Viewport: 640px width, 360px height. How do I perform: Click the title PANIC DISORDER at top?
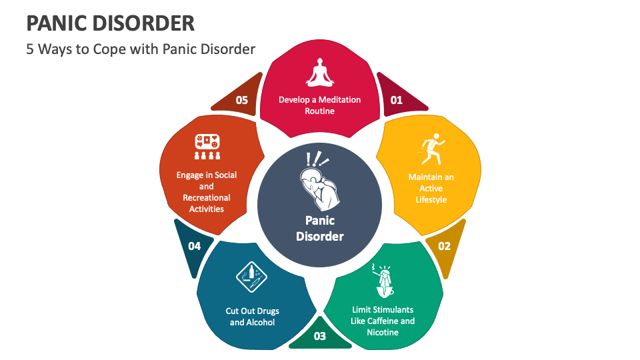[x=111, y=23]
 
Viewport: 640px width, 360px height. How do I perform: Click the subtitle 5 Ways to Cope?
[x=141, y=49]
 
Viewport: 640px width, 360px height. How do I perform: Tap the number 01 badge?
[x=397, y=100]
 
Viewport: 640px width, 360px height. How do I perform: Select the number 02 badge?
[x=444, y=246]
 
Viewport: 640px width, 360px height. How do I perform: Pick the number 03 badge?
[x=320, y=335]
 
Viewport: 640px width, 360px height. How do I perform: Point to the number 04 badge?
[x=194, y=246]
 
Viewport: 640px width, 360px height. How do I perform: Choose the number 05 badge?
[x=241, y=100]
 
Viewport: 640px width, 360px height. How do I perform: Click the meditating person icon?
[x=319, y=73]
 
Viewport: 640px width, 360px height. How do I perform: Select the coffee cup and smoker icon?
[x=383, y=281]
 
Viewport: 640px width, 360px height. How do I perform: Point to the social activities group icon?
[x=207, y=147]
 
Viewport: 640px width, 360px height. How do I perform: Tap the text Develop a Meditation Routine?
[x=319, y=105]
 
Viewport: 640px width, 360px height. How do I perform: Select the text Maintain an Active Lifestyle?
[x=431, y=188]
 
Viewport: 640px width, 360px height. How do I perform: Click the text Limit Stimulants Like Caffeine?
[x=383, y=321]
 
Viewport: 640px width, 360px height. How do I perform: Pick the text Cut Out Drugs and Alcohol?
[x=253, y=317]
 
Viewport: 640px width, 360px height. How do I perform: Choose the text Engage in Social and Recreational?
[x=207, y=192]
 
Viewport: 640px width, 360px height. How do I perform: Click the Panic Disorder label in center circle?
[x=320, y=228]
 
